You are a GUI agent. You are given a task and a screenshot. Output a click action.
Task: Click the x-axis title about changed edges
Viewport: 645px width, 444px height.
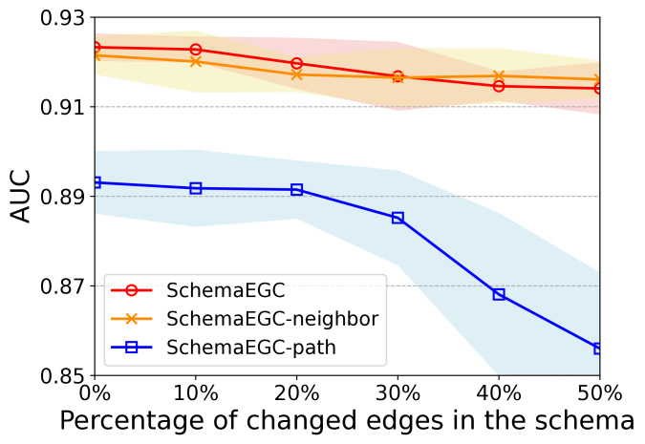pos(347,421)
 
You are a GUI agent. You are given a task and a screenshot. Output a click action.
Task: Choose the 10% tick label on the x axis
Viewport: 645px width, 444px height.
pos(195,391)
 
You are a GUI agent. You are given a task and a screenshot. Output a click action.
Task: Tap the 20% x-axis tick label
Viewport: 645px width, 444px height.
pos(296,391)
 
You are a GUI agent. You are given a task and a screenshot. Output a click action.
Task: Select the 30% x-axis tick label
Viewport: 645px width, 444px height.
pos(398,391)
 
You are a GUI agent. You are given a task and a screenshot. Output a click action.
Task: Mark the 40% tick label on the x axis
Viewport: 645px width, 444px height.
pos(499,391)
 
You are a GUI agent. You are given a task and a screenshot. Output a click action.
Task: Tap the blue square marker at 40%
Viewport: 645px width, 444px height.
pos(499,294)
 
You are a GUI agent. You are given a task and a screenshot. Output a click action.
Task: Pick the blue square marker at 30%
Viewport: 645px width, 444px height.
pos(398,218)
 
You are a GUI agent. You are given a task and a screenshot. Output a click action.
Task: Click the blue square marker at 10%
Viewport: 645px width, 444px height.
pos(196,188)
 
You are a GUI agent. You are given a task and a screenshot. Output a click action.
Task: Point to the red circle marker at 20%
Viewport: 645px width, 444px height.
pos(296,63)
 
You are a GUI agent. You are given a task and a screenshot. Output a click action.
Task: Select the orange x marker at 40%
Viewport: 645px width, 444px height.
pos(499,75)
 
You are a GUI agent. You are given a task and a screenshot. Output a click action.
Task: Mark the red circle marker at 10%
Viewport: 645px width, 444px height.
pos(196,50)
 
